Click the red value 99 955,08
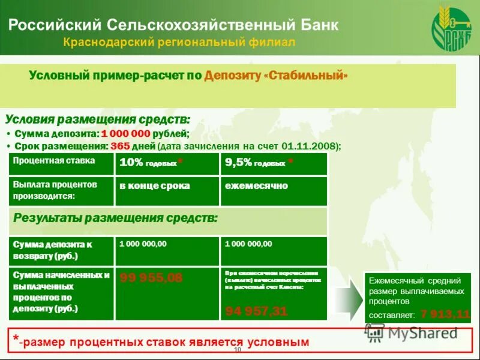click(x=151, y=278)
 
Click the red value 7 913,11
click(x=445, y=314)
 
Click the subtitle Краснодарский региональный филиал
click(x=179, y=43)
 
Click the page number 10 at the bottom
click(x=238, y=350)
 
